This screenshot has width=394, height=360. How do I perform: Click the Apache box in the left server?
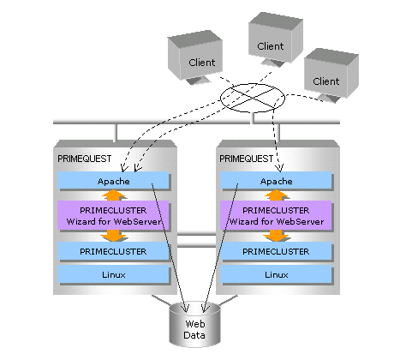[114, 181]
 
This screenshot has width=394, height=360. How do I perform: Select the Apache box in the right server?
[276, 181]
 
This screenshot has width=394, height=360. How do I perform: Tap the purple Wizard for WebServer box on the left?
[114, 216]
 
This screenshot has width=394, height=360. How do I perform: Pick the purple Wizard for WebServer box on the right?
[276, 216]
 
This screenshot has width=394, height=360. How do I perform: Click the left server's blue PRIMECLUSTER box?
[114, 251]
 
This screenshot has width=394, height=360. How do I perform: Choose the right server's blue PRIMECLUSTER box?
[276, 251]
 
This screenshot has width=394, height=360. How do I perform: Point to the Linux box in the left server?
[114, 274]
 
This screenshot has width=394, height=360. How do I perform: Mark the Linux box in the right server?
[276, 274]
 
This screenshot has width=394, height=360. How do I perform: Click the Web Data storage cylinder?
[194, 324]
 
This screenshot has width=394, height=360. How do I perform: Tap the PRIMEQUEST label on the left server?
[85, 159]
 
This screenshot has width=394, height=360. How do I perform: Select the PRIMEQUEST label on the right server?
[247, 159]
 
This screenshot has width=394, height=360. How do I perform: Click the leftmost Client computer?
[195, 57]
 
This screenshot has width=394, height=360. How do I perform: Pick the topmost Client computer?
[275, 39]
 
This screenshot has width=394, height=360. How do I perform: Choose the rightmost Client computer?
[331, 75]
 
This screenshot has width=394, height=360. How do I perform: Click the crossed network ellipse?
[253, 98]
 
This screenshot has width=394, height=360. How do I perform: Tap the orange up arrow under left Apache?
[114, 195]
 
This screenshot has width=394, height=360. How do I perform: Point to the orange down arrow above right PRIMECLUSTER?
[276, 237]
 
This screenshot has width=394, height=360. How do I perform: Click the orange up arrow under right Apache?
[276, 195]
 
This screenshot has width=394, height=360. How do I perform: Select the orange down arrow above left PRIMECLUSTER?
[114, 237]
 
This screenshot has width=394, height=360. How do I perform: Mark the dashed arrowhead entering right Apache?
[280, 168]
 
